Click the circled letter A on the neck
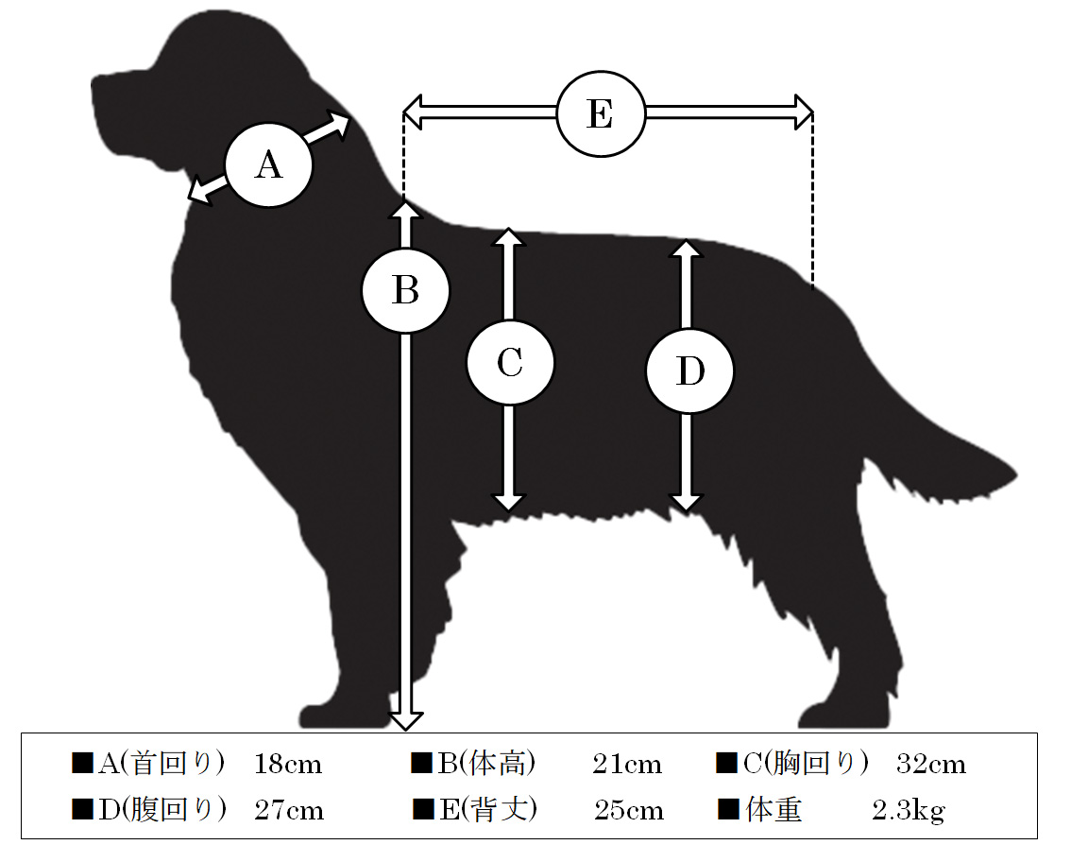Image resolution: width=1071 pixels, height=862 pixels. [x=268, y=164]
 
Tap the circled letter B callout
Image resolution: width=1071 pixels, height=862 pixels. [x=406, y=290]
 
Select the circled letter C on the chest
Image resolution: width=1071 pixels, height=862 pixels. [x=510, y=362]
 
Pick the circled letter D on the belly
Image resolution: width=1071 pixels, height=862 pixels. [x=689, y=371]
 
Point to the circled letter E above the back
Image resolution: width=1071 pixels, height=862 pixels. [x=601, y=113]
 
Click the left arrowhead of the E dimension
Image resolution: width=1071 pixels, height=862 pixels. [x=412, y=112]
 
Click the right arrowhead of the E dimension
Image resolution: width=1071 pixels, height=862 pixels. [x=804, y=112]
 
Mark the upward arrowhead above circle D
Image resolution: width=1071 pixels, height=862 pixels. [x=686, y=249]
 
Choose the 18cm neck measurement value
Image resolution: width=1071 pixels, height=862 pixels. [x=288, y=765]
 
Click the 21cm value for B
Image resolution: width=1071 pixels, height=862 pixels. [x=627, y=765]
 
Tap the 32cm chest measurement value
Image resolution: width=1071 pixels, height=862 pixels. [x=931, y=765]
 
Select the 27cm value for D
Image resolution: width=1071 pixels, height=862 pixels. [x=289, y=811]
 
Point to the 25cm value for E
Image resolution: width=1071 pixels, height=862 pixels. [x=628, y=811]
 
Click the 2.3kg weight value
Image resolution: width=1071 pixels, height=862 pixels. [x=909, y=811]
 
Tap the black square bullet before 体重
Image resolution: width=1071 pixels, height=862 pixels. [x=728, y=809]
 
